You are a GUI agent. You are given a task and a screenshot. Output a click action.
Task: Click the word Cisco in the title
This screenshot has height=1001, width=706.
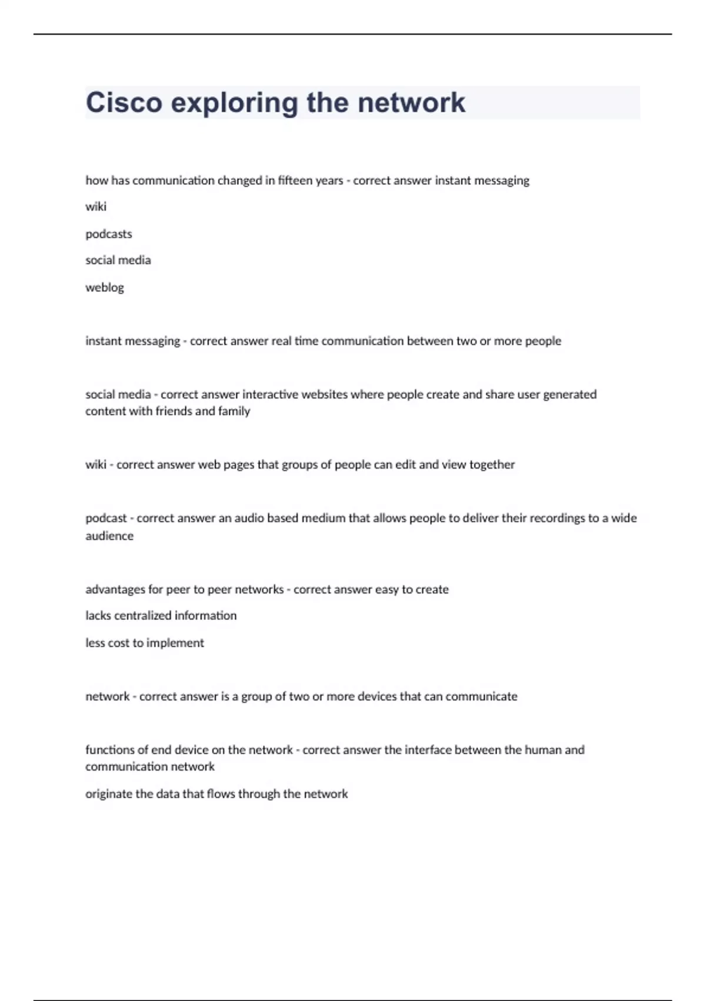(x=124, y=102)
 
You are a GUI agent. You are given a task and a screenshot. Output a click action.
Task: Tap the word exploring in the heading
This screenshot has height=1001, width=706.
(x=234, y=104)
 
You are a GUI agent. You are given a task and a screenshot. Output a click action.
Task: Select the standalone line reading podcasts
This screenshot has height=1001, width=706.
(x=109, y=234)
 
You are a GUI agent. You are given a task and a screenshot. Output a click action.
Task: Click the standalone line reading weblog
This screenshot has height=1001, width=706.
(x=105, y=287)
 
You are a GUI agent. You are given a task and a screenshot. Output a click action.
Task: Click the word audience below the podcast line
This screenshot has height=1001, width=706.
(x=109, y=536)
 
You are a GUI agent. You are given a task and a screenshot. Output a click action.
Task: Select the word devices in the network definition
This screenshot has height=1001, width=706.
(x=377, y=697)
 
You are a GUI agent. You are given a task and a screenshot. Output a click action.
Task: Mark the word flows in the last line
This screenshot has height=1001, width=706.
(x=221, y=794)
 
